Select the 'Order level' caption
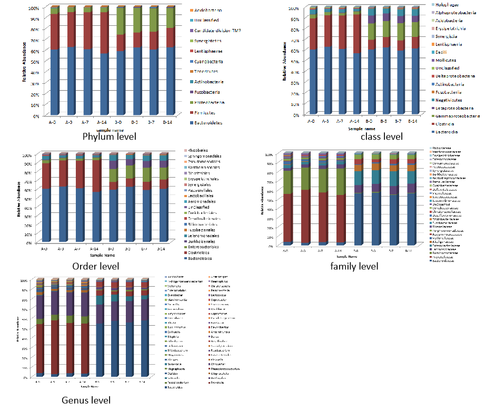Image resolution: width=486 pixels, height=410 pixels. click(x=95, y=266)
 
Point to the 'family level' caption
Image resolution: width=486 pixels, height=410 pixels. click(x=354, y=266)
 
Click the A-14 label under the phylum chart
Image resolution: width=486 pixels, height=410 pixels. click(x=103, y=122)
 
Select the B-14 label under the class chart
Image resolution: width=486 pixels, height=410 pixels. click(x=414, y=121)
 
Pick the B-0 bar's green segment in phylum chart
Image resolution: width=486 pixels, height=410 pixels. click(x=121, y=21)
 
